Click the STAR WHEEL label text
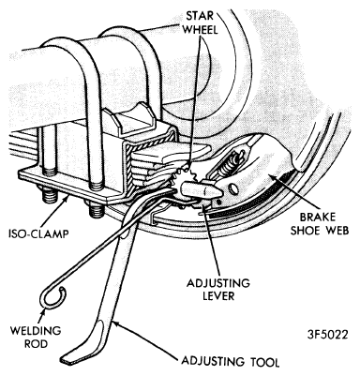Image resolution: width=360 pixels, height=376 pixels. [201, 23]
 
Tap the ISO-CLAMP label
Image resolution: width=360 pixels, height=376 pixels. [38, 233]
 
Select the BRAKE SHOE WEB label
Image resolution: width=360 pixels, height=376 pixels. [320, 224]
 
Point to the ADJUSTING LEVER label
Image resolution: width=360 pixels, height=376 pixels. [218, 290]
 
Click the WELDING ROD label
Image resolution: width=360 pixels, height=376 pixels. [36, 337]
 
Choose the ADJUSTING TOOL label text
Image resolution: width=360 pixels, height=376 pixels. [231, 362]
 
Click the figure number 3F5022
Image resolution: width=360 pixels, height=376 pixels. [327, 335]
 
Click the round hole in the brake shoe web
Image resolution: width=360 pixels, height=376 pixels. [233, 188]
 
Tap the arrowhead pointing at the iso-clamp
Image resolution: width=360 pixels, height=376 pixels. [68, 197]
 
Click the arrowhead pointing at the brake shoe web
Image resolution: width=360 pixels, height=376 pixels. [272, 177]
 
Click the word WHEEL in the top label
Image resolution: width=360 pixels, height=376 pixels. [201, 29]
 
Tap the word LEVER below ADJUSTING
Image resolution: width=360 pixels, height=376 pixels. [218, 296]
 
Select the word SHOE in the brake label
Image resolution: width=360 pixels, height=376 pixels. [304, 231]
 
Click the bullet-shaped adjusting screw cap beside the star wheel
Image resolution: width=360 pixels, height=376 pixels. [202, 189]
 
